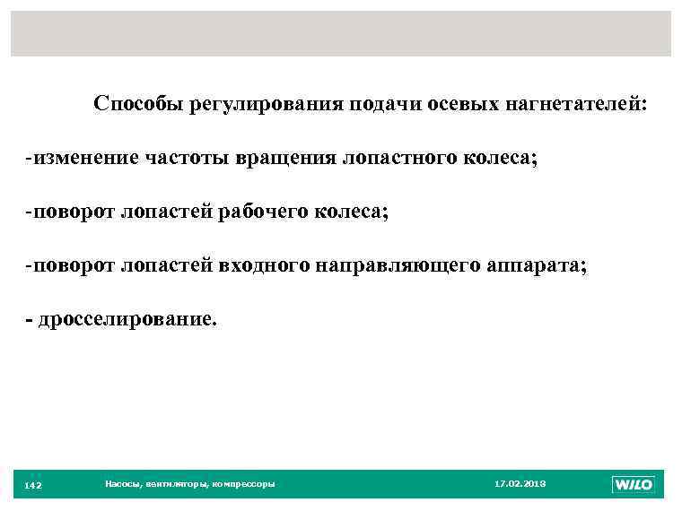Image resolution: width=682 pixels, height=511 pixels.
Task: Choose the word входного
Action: tap(262, 266)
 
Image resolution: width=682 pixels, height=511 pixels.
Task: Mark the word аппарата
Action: tap(534, 266)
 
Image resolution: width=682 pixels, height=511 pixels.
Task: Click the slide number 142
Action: tap(33, 485)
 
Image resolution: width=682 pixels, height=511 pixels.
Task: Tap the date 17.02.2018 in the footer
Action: tap(520, 484)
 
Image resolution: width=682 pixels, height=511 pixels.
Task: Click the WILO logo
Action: tap(633, 484)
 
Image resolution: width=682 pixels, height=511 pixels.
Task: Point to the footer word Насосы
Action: tap(121, 484)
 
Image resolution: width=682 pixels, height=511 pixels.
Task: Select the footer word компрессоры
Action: tap(245, 484)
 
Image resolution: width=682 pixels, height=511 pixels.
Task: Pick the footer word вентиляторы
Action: tap(175, 484)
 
